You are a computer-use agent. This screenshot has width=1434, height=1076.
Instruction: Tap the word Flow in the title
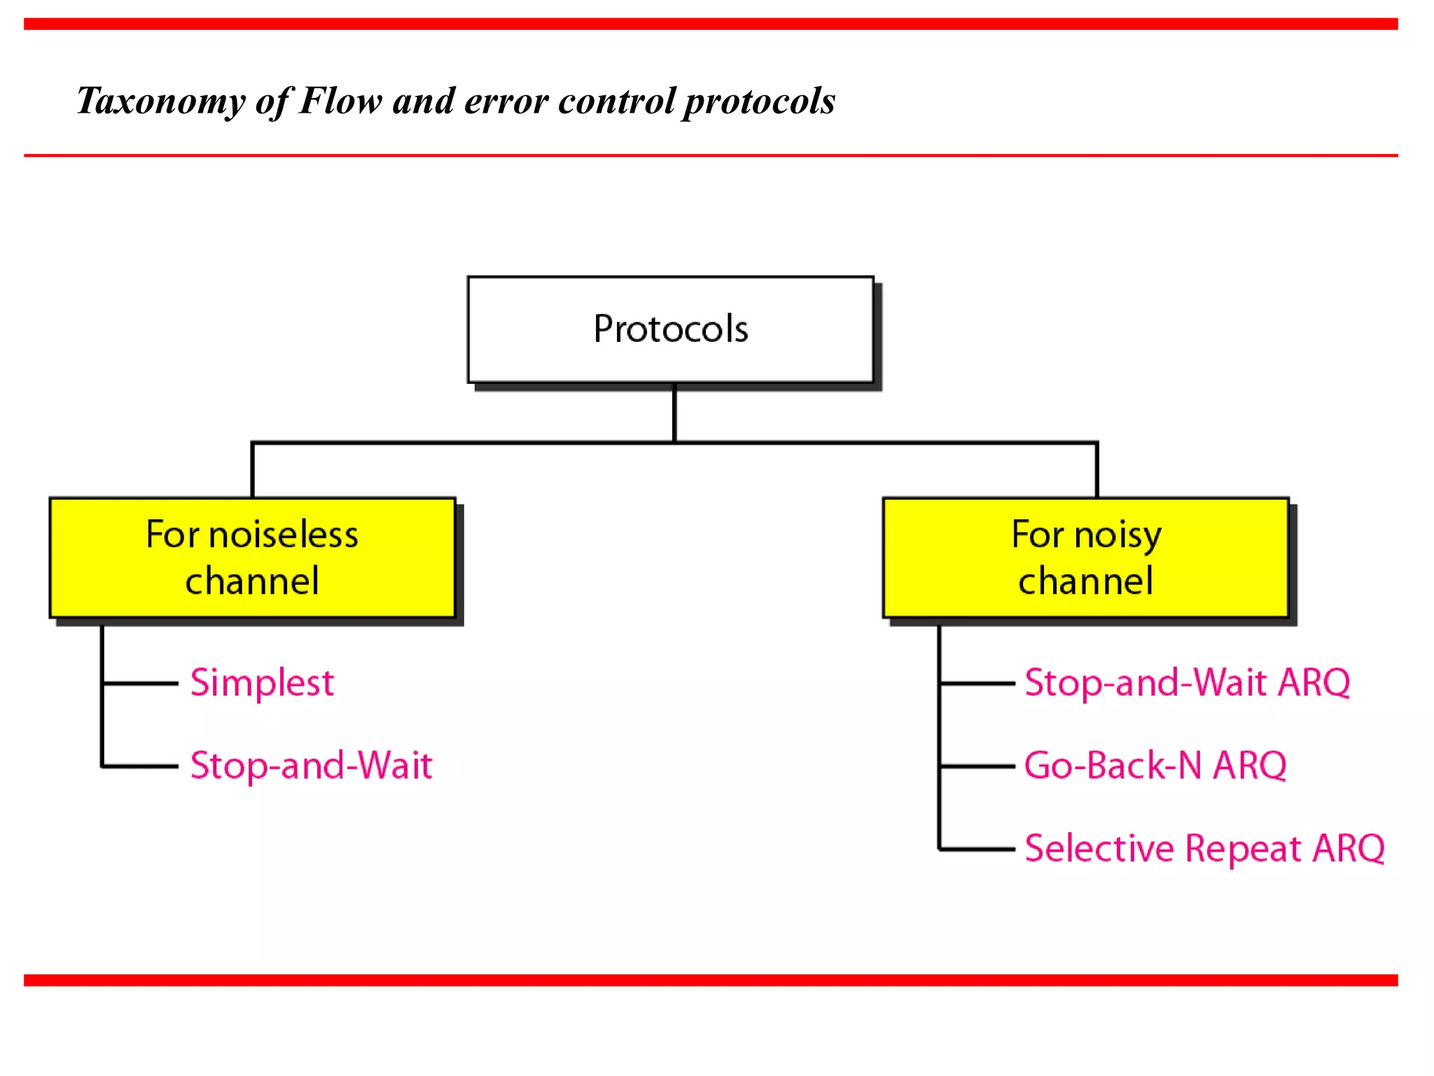click(x=340, y=100)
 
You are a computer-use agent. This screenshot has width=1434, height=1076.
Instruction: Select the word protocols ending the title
click(x=759, y=102)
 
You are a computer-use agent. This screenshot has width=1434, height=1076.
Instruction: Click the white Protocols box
click(x=670, y=329)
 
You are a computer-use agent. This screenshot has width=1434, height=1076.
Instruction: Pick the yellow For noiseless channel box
click(x=252, y=558)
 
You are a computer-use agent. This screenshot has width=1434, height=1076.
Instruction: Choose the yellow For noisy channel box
click(x=1085, y=558)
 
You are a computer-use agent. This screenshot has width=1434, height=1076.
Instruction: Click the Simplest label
click(x=262, y=682)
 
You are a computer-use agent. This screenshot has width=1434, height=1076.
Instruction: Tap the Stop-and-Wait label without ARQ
click(x=311, y=765)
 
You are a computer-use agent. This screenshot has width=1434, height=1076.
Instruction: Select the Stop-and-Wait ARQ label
click(x=1187, y=682)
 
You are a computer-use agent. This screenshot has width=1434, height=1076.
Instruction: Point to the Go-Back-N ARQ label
click(x=1155, y=765)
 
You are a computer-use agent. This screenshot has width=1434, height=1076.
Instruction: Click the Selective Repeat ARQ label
click(x=1204, y=848)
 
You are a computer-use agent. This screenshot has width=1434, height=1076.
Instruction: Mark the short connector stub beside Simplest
click(x=140, y=682)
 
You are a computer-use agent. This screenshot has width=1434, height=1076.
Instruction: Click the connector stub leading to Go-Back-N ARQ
click(x=977, y=766)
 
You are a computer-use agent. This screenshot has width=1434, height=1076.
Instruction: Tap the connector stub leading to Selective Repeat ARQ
click(x=977, y=849)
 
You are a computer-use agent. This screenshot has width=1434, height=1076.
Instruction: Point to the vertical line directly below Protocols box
click(x=674, y=413)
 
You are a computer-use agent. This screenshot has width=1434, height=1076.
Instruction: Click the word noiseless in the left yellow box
click(x=284, y=535)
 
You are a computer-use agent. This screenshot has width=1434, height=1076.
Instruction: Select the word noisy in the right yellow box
click(x=1118, y=535)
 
